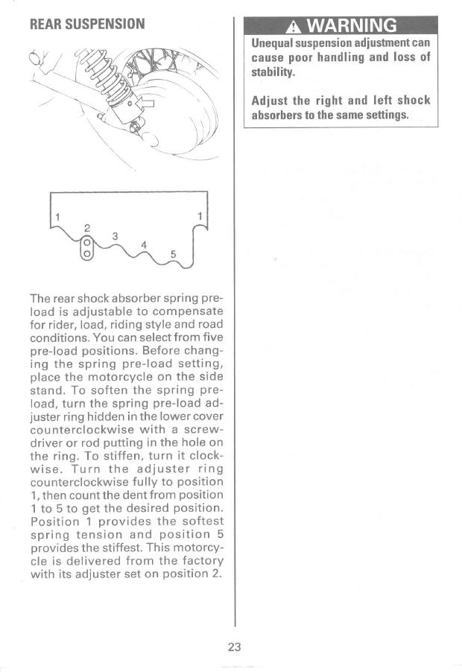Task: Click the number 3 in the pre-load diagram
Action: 114,236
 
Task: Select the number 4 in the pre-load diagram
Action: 144,244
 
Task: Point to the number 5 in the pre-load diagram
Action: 174,253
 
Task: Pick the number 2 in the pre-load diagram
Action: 86,226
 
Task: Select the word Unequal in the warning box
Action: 273,44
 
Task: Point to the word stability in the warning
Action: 273,73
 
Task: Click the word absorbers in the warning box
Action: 279,115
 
